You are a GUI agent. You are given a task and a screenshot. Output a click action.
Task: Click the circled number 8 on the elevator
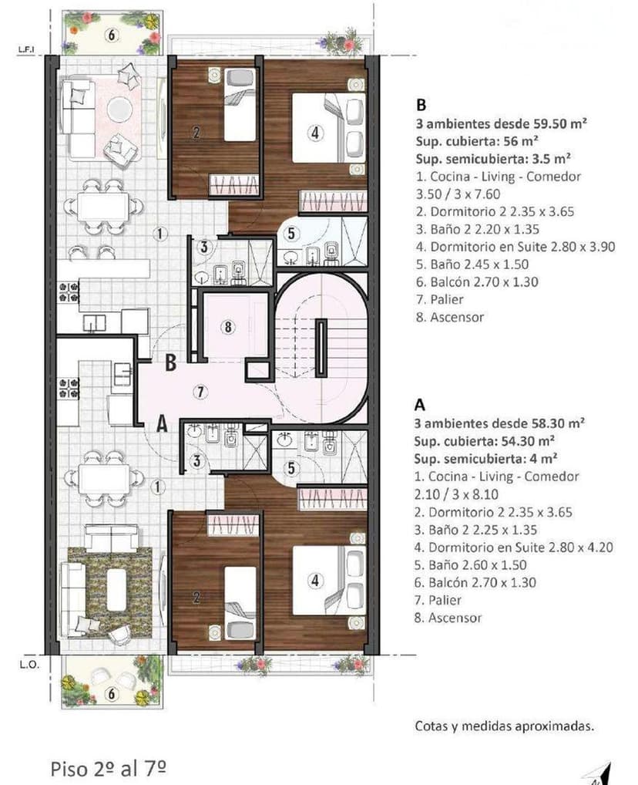pos(227,327)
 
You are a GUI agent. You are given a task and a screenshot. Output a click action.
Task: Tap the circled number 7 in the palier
pos(200,392)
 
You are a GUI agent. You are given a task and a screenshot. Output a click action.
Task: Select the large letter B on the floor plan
pos(172,360)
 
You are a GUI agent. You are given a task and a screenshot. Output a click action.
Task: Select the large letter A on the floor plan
pos(161,423)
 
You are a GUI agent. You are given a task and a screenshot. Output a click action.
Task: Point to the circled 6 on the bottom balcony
pos(112,694)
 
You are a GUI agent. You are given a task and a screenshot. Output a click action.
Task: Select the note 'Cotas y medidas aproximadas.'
pos(504,726)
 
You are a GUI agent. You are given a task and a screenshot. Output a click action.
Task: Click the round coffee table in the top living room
pos(119,108)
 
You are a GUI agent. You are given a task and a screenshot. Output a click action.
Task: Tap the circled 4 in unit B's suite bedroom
pos(314,133)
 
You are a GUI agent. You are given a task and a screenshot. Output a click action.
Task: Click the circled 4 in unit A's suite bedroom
pos(314,581)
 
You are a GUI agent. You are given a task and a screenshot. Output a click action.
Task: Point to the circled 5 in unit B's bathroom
pos(291,235)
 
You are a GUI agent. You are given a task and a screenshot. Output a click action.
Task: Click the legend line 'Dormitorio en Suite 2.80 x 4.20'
pos(514,547)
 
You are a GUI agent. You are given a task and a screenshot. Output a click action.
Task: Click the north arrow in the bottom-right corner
pos(604,773)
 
